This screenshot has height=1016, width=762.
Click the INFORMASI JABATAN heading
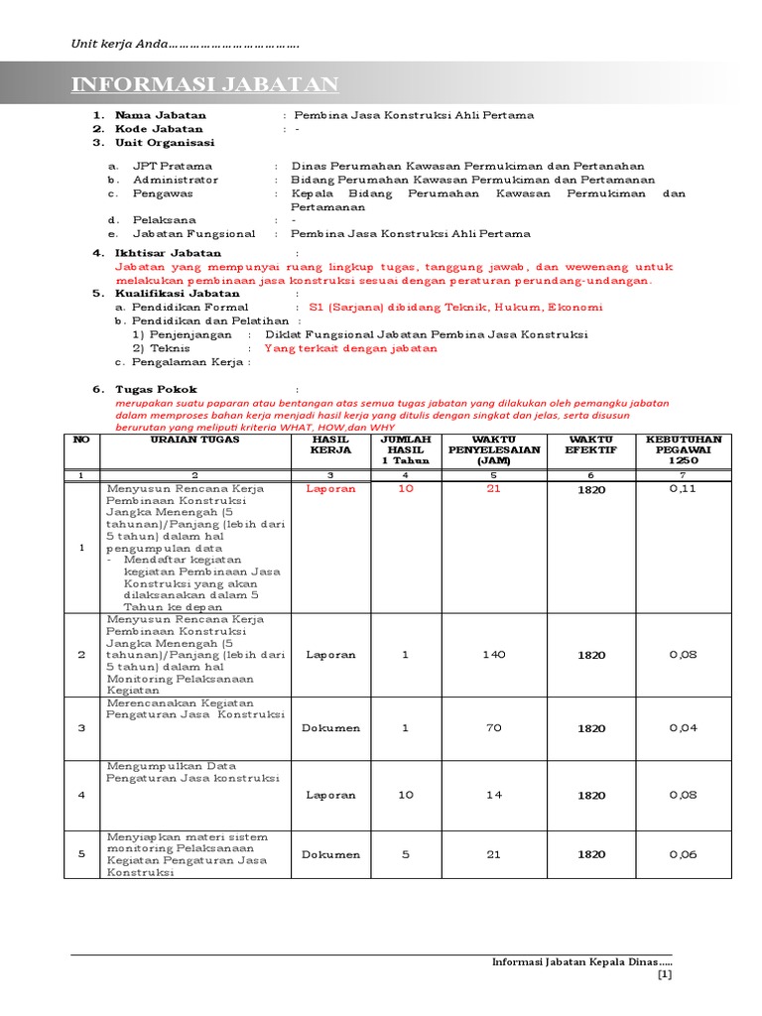pos(204,84)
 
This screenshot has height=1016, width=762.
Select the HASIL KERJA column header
pos(331,444)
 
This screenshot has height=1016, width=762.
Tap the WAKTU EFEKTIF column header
pos(591,444)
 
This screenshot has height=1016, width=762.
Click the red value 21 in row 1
pos(493,489)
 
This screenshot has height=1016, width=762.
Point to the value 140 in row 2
pos(493,655)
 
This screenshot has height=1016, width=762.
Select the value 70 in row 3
pos(493,728)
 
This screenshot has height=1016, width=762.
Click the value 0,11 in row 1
pos(683,489)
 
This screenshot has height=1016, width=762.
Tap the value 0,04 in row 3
pos(683,728)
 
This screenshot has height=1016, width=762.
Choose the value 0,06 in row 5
pos(683,854)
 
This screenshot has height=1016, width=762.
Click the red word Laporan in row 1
pos(331,489)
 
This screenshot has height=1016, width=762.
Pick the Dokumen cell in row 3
pos(331,728)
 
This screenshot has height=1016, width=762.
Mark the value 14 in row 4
pos(493,795)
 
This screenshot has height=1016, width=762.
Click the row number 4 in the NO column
pos(81,795)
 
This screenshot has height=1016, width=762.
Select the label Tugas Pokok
pos(156,390)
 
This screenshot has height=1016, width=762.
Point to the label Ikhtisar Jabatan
pos(168,254)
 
